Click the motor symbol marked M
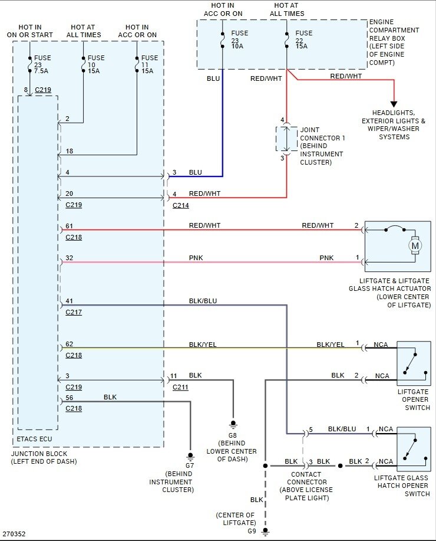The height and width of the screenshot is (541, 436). pos(415,245)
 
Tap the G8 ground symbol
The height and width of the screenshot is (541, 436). pos(233,425)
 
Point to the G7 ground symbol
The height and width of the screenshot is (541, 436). pos(190,456)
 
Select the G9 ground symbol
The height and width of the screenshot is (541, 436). pos(265,532)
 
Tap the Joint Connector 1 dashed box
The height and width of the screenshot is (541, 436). pos(286,139)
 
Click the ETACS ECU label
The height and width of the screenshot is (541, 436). pos(34,439)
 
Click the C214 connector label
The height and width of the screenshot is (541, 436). pos(181,205)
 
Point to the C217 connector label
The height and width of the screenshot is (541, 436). pos(74,312)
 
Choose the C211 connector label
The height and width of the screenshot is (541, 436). pos(181,387)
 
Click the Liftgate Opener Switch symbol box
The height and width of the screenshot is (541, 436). pos(414,363)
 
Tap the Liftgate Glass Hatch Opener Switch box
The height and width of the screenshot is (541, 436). pos(414,449)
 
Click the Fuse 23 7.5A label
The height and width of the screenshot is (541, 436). pos(42,64)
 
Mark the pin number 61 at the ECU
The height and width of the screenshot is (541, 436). pos(70,226)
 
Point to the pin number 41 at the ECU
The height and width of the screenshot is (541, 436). pos(70,301)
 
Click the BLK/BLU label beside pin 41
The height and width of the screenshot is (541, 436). pos(203,301)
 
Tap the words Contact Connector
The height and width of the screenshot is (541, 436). pos(306,478)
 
